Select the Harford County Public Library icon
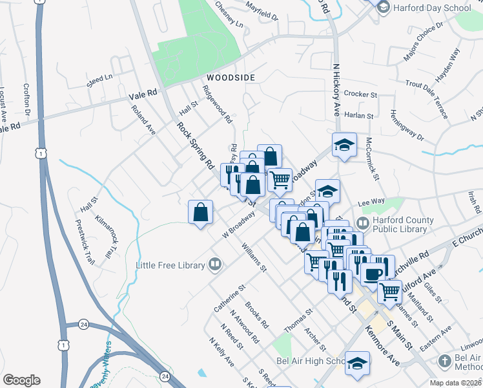pyautogui.click(x=362, y=223)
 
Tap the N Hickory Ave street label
pyautogui.click(x=336, y=89)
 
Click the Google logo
pyautogui.click(x=21, y=380)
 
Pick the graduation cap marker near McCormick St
pyautogui.click(x=345, y=145)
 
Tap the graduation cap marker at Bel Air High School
pyautogui.click(x=357, y=363)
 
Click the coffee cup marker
pyautogui.click(x=373, y=274)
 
